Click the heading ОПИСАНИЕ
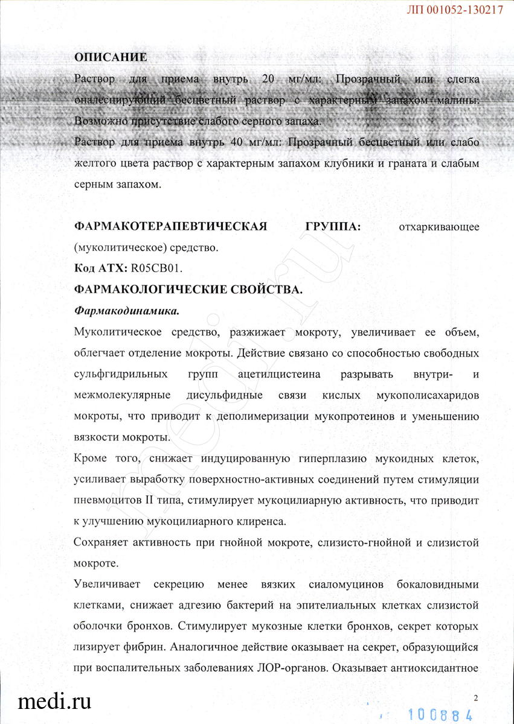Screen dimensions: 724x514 [x=110, y=57]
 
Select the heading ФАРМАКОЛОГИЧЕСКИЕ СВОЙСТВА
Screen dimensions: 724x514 [x=187, y=289]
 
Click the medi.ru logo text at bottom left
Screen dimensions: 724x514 [x=55, y=701]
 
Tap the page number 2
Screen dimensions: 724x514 [x=476, y=698]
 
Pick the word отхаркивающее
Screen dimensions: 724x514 [x=439, y=227]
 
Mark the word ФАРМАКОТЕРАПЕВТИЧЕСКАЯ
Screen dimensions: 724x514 [x=170, y=226]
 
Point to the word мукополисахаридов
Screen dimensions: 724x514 [x=428, y=395]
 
